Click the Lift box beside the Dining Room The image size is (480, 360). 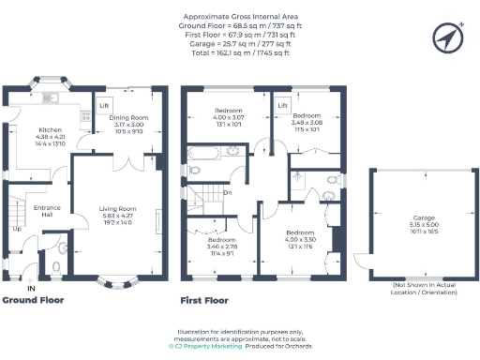coord(103,105)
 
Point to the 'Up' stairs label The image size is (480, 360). coord(17,228)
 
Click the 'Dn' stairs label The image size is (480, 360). coord(228,193)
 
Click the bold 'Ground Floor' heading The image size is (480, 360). coord(34,301)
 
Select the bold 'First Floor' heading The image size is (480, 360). coord(204,301)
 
